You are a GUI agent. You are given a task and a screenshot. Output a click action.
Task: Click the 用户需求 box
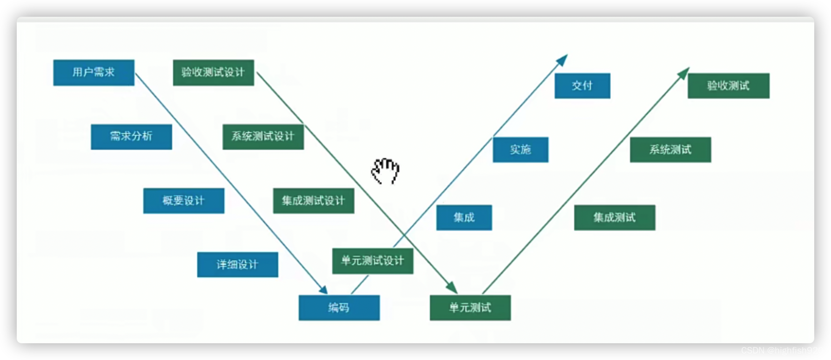tap(94, 73)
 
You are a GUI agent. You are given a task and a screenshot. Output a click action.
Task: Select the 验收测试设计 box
tap(213, 73)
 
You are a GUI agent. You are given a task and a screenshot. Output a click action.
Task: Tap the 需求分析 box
tap(131, 137)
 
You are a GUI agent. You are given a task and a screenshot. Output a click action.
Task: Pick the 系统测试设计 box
tap(263, 137)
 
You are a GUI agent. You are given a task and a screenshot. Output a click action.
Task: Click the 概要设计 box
tap(183, 201)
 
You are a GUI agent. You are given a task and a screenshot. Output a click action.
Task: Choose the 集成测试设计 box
tap(313, 201)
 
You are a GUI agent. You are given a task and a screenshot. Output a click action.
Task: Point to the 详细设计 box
tap(237, 265)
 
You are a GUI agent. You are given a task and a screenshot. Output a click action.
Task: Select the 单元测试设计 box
tap(372, 261)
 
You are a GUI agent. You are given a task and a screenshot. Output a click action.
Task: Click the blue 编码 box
tap(339, 308)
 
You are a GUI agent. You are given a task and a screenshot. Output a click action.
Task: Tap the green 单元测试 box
tap(470, 308)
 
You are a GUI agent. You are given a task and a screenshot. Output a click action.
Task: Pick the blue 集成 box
tap(464, 218)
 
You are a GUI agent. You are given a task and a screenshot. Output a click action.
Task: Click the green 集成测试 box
tap(614, 218)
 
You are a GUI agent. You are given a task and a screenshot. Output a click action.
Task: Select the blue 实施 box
tap(520, 150)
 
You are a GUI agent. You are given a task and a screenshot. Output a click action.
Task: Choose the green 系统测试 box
tap(670, 150)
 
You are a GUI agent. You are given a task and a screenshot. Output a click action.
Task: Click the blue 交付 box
tap(582, 86)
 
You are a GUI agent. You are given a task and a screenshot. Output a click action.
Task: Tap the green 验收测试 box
tap(728, 86)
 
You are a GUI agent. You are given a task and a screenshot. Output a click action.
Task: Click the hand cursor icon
tap(385, 171)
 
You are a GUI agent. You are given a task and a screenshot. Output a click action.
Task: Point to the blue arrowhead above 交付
tap(563, 60)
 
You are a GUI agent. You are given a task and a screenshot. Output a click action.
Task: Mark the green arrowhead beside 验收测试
tap(684, 73)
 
